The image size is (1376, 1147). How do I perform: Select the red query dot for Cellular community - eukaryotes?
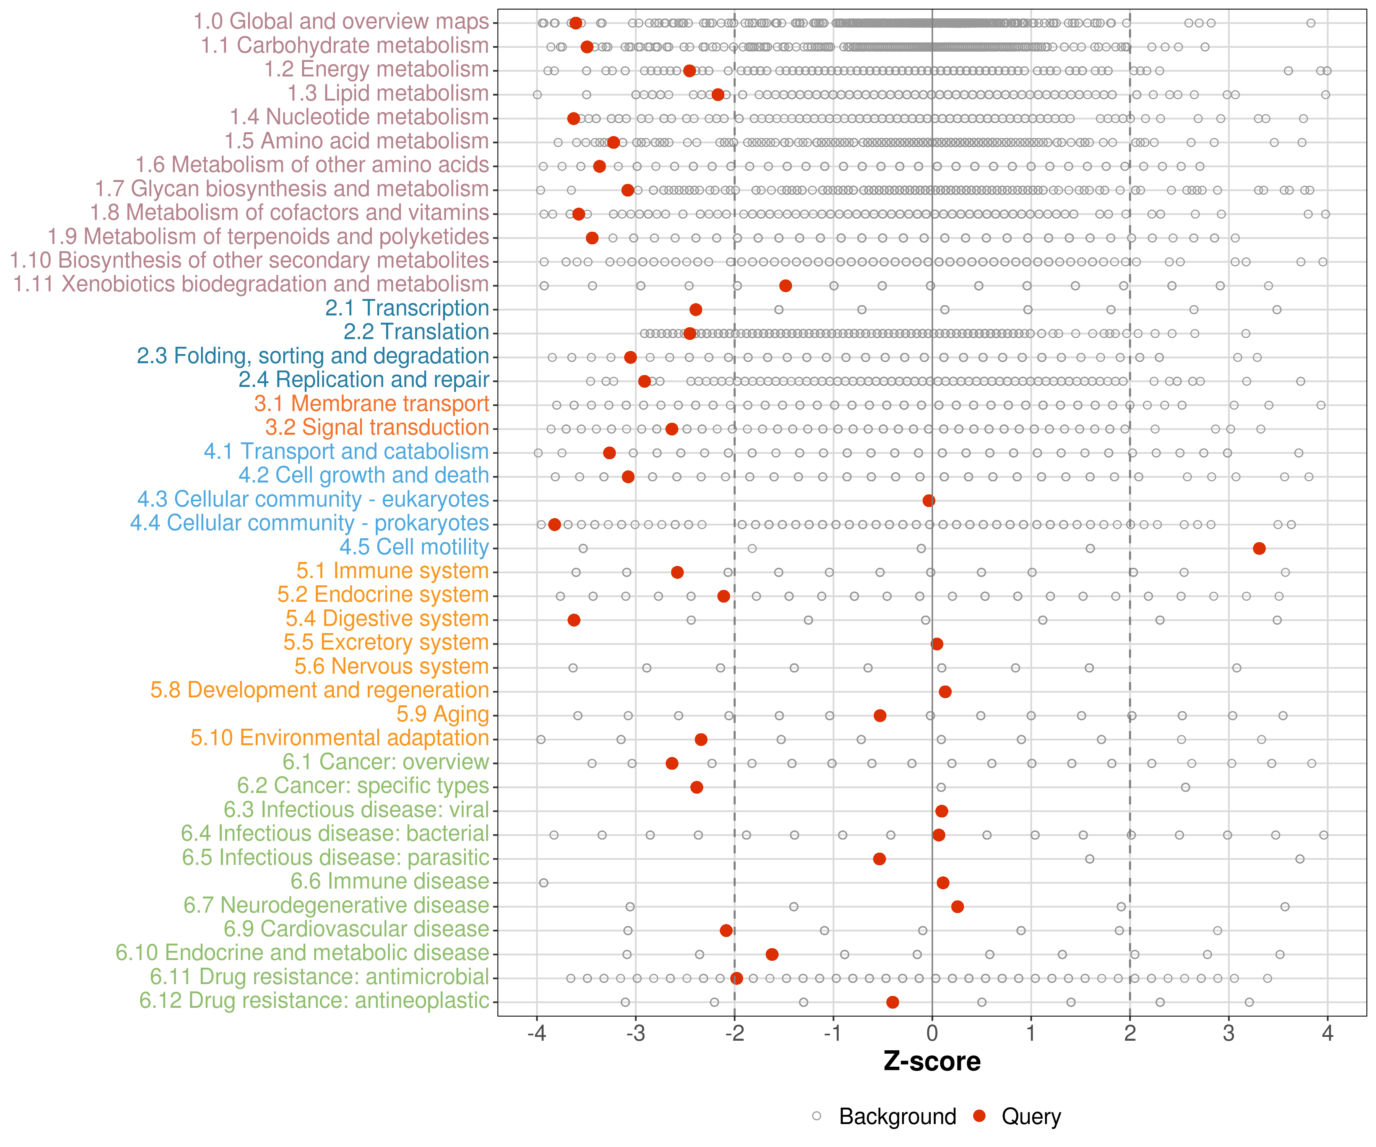928,501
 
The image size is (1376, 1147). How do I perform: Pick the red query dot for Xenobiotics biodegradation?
785,286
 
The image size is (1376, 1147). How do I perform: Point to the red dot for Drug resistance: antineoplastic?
892,1002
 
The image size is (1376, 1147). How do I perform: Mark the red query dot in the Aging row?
880,716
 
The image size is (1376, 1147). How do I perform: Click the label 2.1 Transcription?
407,308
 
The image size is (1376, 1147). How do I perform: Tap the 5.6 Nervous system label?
391,666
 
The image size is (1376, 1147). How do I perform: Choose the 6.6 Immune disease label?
390,882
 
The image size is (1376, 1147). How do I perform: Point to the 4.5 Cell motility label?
414,547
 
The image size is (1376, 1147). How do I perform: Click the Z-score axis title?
932,1062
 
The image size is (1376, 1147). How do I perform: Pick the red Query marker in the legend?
980,1116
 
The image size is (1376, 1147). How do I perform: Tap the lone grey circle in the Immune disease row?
543,883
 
